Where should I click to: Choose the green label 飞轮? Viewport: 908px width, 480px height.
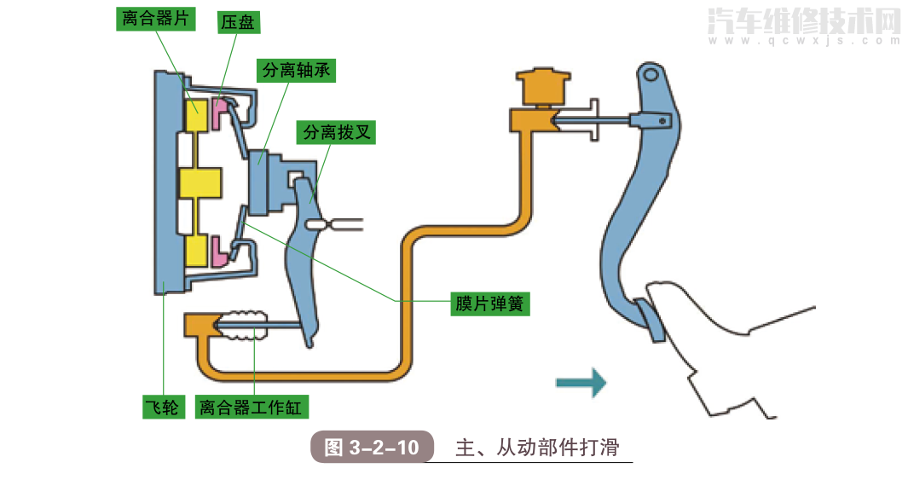pyautogui.click(x=161, y=408)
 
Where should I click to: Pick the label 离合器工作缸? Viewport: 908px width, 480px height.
pyautogui.click(x=250, y=408)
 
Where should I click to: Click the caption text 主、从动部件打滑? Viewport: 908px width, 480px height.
pyautogui.click(x=536, y=448)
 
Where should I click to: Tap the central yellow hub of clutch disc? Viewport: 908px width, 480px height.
pyautogui.click(x=200, y=187)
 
